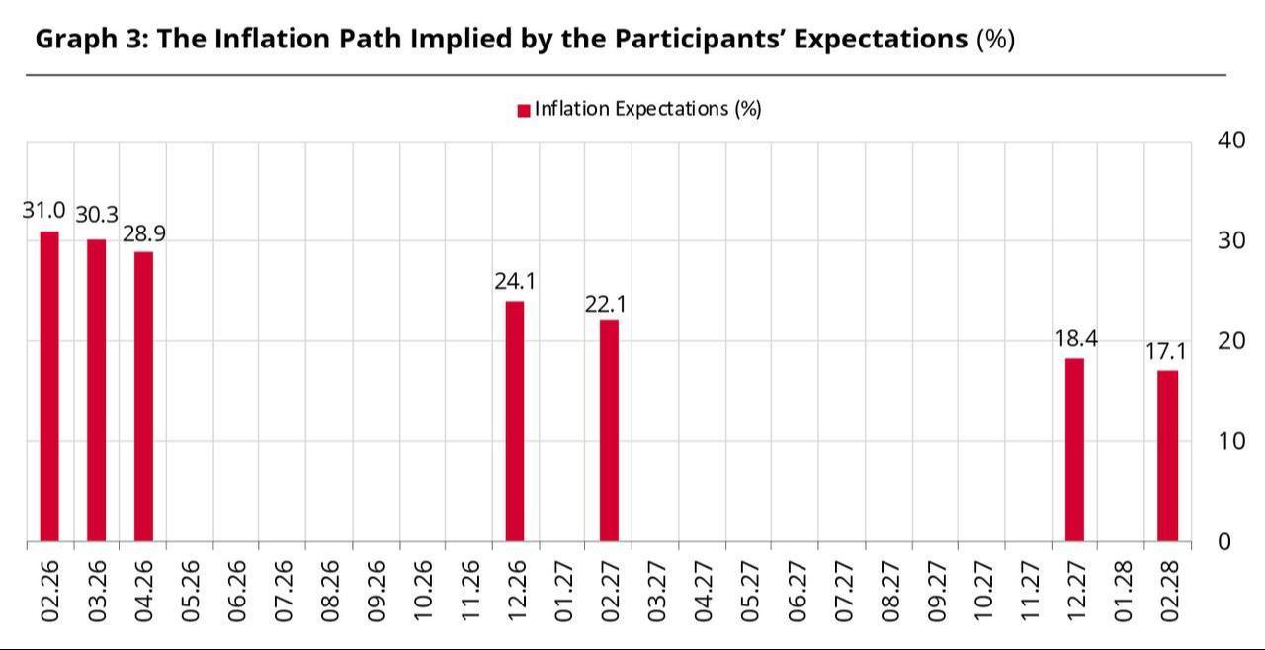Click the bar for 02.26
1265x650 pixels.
click(x=49, y=386)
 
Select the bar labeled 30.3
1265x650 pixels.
click(x=96, y=390)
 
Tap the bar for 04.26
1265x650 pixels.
click(x=143, y=396)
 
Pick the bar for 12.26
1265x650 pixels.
click(x=515, y=420)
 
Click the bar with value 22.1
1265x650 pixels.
click(x=609, y=430)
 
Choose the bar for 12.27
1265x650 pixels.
click(x=1074, y=449)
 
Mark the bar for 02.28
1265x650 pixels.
click(x=1168, y=455)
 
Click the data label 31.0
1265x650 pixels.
click(x=44, y=211)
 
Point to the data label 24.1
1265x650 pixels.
click(x=515, y=281)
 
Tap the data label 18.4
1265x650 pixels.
click(x=1075, y=339)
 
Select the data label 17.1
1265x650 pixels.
click(x=1166, y=351)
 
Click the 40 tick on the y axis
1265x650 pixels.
click(x=1231, y=139)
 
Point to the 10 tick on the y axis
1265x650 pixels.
click(x=1230, y=440)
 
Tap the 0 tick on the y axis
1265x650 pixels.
click(x=1224, y=541)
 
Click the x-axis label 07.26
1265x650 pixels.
click(x=284, y=592)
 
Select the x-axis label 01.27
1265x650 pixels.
click(x=563, y=592)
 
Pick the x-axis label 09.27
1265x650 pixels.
click(x=936, y=592)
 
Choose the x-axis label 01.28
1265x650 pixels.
click(x=1123, y=592)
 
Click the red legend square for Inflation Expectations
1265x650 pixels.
click(x=524, y=110)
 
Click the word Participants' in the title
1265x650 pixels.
click(x=700, y=39)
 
